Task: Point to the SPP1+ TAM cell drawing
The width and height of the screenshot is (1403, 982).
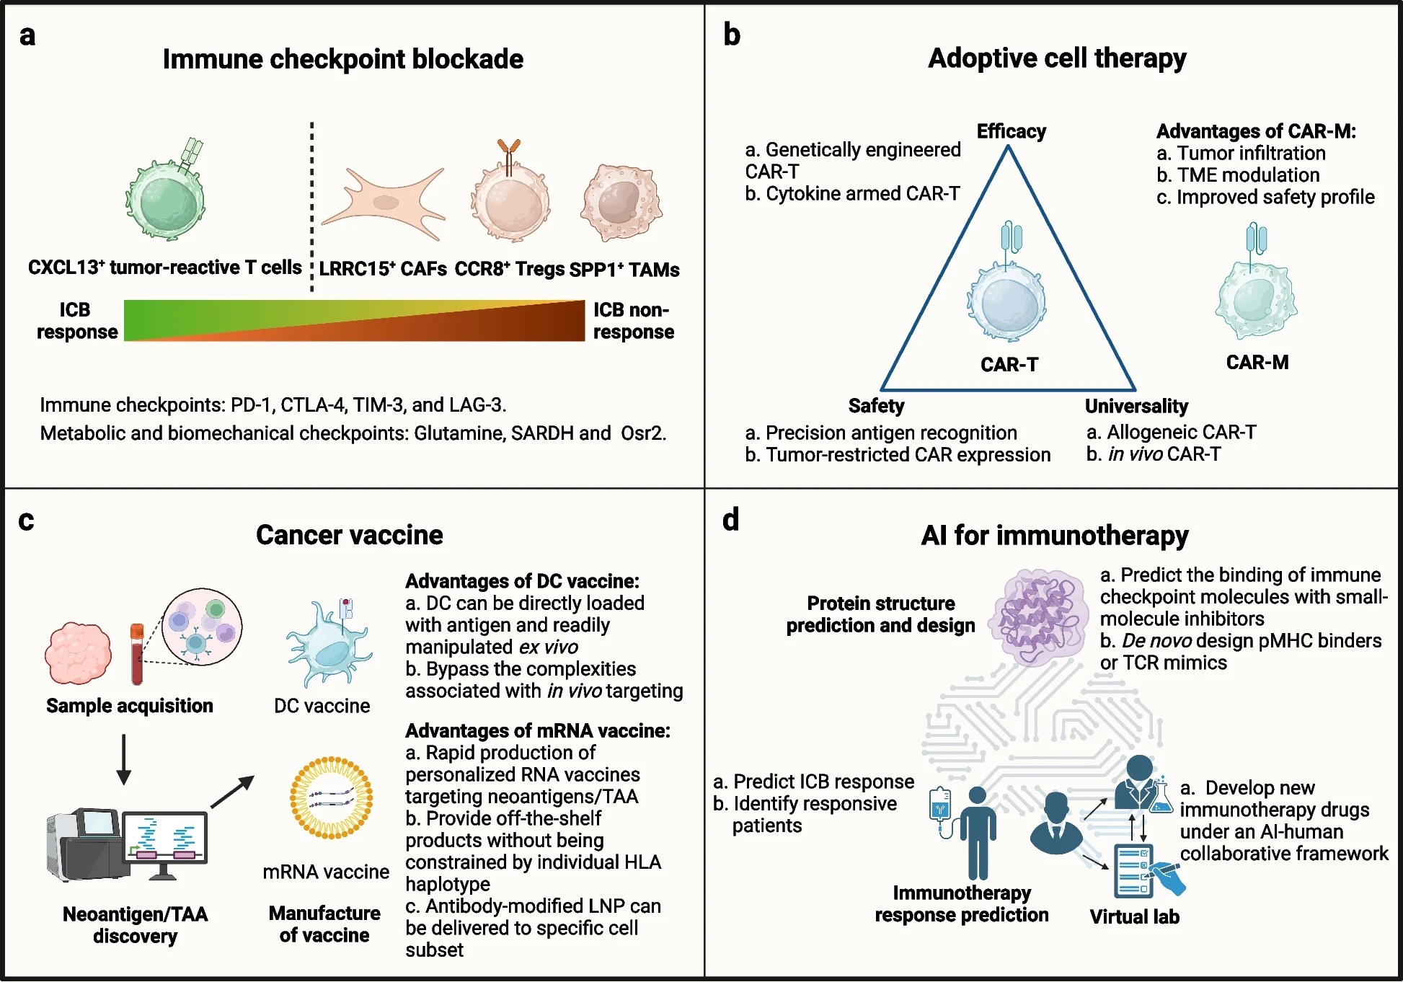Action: click(621, 203)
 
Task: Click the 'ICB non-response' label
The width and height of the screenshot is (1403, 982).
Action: click(633, 321)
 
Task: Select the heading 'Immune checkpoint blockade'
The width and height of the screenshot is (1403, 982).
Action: click(343, 59)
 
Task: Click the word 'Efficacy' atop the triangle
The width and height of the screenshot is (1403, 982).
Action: click(1011, 131)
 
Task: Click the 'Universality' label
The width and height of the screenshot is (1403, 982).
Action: click(1136, 407)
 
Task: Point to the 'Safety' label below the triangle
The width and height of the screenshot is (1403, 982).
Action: click(876, 406)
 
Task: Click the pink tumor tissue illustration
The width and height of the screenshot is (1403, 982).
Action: click(78, 653)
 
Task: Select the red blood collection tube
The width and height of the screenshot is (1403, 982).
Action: click(137, 654)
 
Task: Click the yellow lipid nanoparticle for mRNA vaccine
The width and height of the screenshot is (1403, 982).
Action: click(331, 797)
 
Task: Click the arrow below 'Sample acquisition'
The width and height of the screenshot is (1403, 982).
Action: click(124, 759)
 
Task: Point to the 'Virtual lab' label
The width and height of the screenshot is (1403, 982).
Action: click(1134, 917)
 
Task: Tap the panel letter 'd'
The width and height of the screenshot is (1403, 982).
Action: click(731, 519)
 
